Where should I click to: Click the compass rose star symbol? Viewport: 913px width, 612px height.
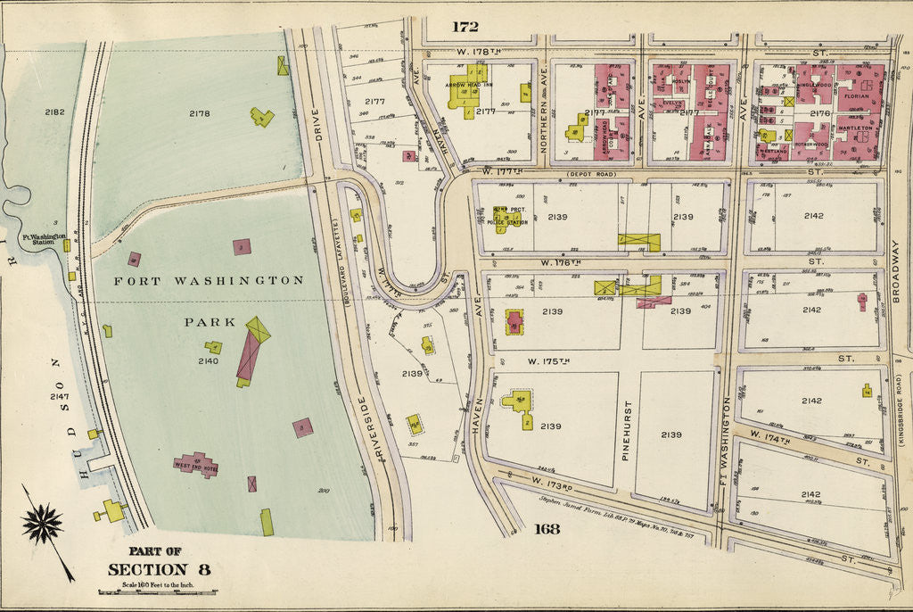pos(42,524)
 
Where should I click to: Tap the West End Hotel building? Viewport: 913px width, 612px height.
pos(196,464)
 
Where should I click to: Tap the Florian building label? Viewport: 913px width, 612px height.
pos(856,94)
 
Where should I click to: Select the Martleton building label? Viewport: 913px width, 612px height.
pos(854,128)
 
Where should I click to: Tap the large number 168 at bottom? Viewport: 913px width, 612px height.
pos(547,529)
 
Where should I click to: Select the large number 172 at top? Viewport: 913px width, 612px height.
pos(465,27)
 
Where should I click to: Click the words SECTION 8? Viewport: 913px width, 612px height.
pos(160,569)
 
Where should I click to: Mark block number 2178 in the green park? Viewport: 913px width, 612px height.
pos(199,113)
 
